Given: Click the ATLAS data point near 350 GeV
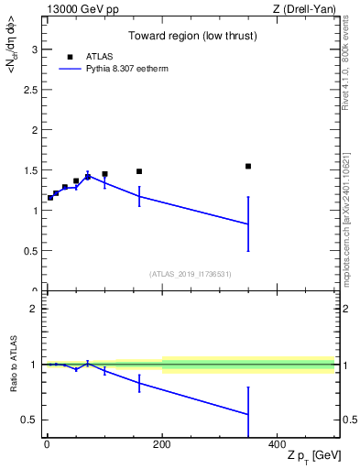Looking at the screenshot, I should tap(248, 166).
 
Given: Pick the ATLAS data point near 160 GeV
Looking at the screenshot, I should tap(139, 171).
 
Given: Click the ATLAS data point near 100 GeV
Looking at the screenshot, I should tap(104, 174).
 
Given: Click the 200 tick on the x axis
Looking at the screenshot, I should tap(162, 444).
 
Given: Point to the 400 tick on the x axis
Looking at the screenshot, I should tap(277, 444).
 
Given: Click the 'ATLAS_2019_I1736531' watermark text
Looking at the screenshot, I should tap(190, 274).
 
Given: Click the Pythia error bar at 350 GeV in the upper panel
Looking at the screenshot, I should tap(248, 224).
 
